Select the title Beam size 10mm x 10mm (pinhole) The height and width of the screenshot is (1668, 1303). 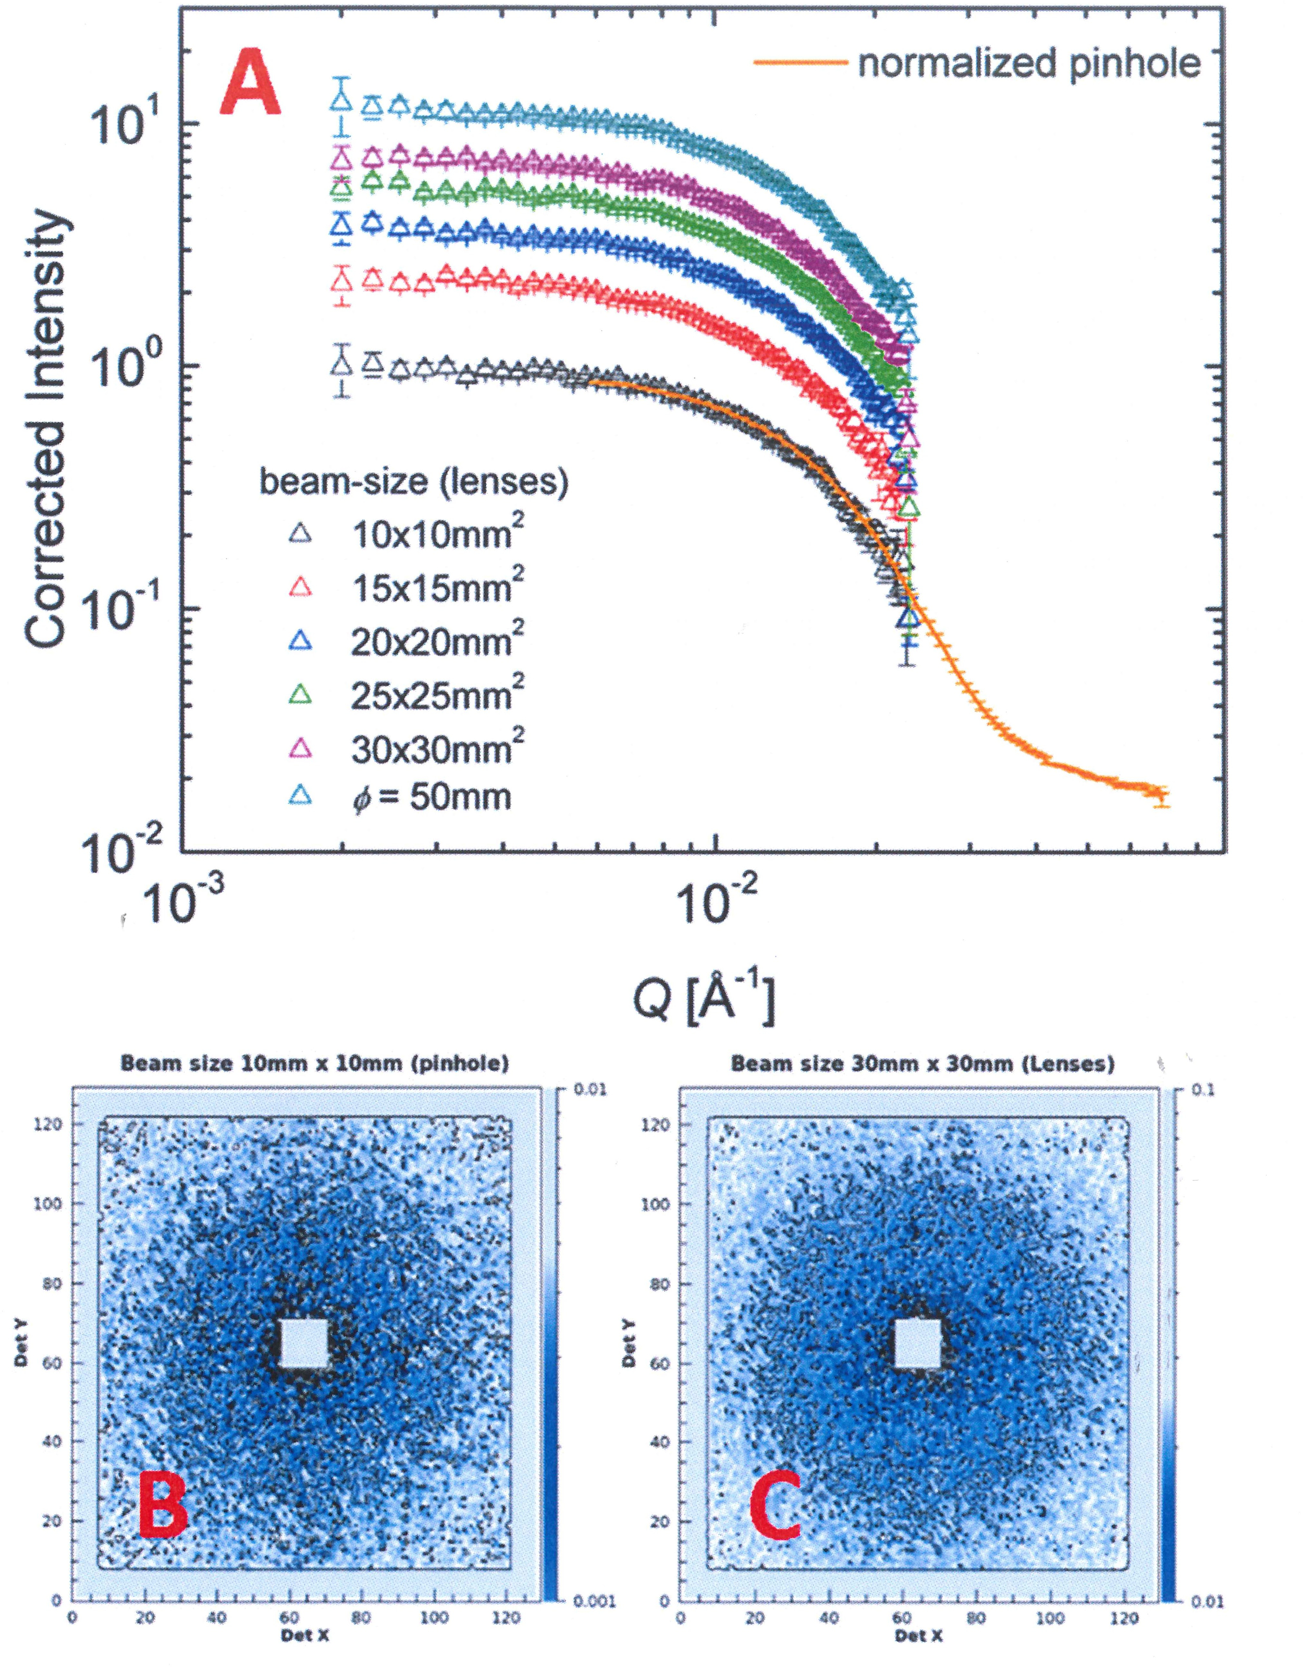[315, 1063]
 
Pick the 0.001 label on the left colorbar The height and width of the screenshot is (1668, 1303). [594, 1599]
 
